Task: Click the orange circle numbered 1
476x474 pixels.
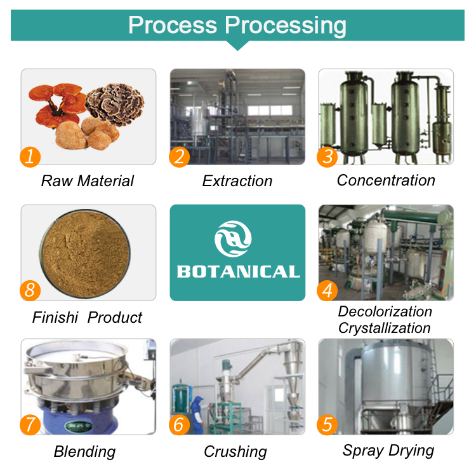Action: pos(30,156)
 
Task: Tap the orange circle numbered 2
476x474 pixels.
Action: pos(179,156)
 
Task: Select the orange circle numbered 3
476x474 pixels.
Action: pos(327,156)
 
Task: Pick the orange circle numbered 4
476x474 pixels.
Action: pos(327,290)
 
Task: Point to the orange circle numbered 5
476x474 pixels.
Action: pos(327,424)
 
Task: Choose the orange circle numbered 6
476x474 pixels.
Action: pos(179,424)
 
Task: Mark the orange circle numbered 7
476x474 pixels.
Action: pos(30,424)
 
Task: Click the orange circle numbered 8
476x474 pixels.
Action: pos(30,290)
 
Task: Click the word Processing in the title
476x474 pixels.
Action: pos(286,25)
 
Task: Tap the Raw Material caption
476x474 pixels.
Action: pos(88,181)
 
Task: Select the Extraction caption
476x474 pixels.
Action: pos(237,181)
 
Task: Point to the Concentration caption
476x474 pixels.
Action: pos(386,180)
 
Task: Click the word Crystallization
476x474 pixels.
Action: pos(385,328)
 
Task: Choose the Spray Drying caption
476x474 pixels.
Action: pos(388,451)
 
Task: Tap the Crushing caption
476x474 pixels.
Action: pos(235,452)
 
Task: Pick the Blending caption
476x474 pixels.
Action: pos(84,452)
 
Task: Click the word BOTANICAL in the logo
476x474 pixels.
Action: pos(237,272)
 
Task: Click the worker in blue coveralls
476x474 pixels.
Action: pos(197,413)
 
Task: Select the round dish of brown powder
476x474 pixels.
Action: pos(88,253)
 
